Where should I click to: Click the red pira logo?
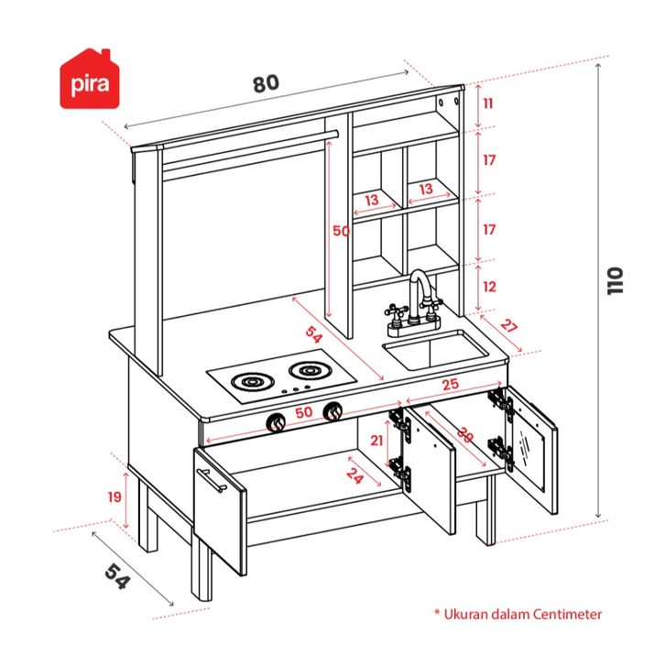click(91, 79)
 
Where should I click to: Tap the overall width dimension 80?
click(265, 82)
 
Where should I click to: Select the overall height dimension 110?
click(616, 280)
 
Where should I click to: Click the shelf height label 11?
click(488, 104)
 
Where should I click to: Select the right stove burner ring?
click(309, 370)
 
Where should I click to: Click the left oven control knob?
click(275, 422)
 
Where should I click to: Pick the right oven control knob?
click(335, 412)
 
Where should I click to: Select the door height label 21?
click(376, 441)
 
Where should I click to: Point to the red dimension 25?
click(449, 385)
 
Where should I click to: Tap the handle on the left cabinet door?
click(211, 480)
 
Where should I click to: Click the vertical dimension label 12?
click(489, 286)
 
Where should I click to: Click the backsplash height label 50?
click(341, 232)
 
